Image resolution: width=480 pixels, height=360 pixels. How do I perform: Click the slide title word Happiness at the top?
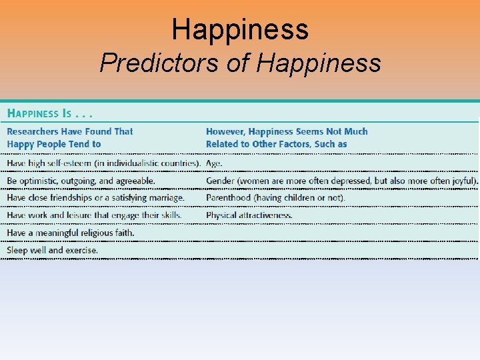[240, 29]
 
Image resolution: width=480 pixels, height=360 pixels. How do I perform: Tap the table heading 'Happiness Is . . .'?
[49, 113]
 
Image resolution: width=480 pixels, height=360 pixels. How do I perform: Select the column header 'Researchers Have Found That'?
[70, 131]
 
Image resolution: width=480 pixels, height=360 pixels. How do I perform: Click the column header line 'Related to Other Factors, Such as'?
[276, 144]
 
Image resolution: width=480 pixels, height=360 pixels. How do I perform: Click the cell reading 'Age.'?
[214, 163]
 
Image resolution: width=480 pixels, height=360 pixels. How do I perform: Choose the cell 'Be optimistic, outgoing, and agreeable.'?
[81, 181]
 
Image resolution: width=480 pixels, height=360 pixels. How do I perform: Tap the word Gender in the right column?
[220, 181]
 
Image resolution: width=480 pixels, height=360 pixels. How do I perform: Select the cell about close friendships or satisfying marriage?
[95, 198]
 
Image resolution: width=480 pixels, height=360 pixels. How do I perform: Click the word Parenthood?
[229, 198]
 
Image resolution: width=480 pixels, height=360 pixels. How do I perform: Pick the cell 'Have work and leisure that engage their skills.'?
[94, 215]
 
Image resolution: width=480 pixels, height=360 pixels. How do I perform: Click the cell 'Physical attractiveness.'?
[249, 215]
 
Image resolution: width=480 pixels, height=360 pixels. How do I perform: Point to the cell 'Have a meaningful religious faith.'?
[71, 233]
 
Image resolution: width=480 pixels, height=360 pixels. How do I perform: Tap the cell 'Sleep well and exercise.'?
[53, 250]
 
